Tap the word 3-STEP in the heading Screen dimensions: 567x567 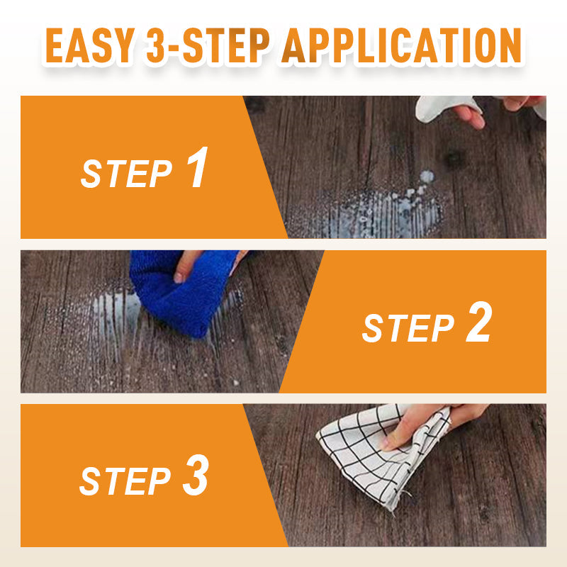coord(208,46)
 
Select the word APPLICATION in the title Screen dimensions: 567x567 coord(402,46)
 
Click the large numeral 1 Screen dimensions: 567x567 coord(198,167)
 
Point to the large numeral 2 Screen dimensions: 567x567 coord(479,322)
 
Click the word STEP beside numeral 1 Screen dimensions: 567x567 coord(126,174)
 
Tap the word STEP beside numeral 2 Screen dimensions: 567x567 coord(408,328)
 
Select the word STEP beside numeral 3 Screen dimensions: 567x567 coord(125,481)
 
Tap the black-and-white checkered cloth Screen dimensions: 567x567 coord(383,456)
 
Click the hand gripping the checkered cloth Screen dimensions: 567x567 coord(430,423)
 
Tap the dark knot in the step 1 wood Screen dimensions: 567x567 coord(454,158)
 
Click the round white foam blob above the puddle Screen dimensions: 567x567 coord(427,176)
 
